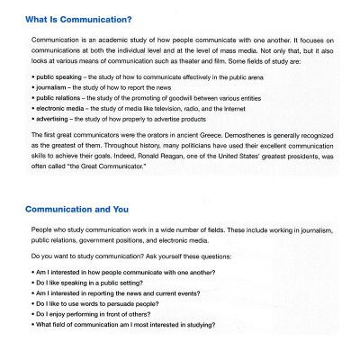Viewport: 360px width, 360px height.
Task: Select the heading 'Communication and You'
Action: [x=76, y=209]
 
